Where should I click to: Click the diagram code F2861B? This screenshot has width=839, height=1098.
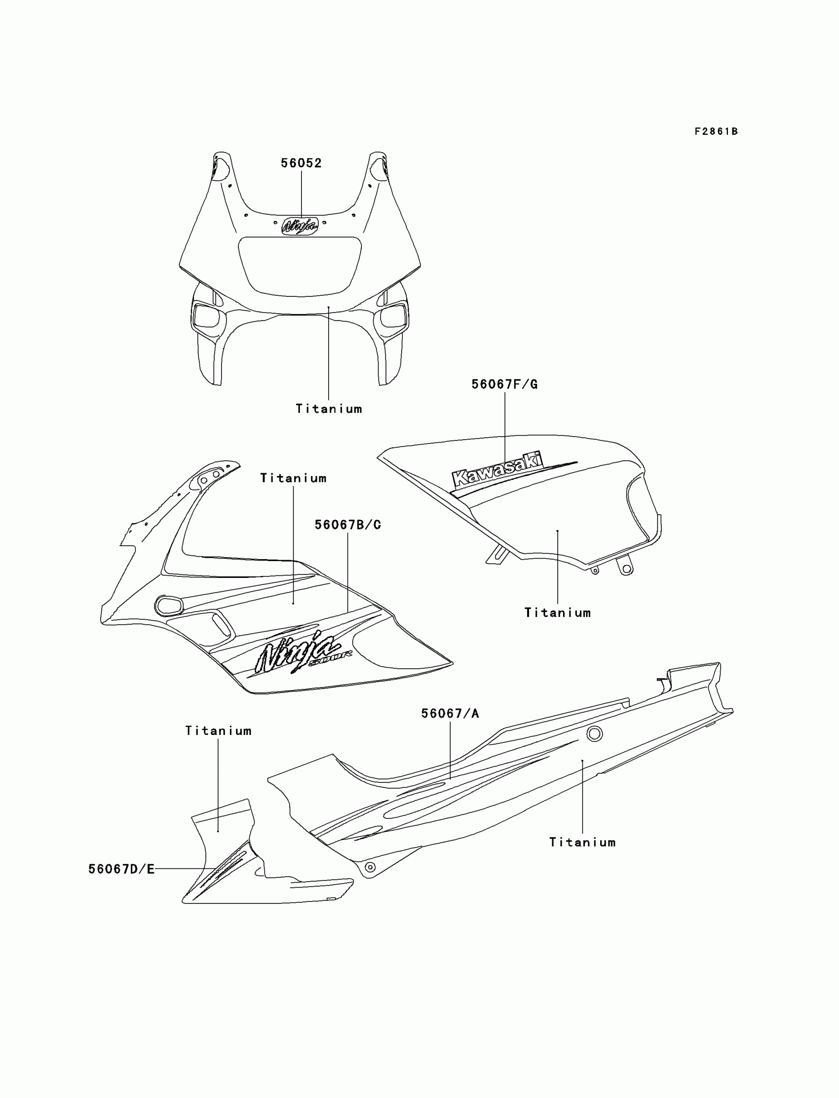tap(716, 131)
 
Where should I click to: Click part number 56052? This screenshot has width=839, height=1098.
tap(301, 163)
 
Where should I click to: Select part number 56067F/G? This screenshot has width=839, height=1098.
tap(504, 384)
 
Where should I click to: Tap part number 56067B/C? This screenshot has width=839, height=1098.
tap(347, 525)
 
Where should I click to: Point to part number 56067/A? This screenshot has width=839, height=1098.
tap(450, 714)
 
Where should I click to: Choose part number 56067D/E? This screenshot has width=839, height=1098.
tap(121, 869)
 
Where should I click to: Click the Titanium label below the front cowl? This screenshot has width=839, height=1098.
tap(329, 409)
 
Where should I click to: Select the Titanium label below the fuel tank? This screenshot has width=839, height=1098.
tap(557, 613)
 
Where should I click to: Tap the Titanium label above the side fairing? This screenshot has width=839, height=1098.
tap(293, 478)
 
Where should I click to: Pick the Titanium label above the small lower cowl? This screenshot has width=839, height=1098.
tap(218, 731)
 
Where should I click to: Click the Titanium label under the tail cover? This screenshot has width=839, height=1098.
tap(582, 843)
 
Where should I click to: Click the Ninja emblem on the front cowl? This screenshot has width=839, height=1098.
tap(300, 226)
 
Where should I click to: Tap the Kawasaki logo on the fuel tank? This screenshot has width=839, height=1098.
tap(496, 469)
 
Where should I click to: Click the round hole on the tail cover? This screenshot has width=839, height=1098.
tap(594, 734)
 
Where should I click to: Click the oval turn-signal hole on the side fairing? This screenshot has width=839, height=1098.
tap(168, 605)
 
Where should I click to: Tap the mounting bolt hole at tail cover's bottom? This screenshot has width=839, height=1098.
tap(370, 867)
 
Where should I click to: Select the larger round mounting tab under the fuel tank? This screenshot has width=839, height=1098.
tap(626, 568)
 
